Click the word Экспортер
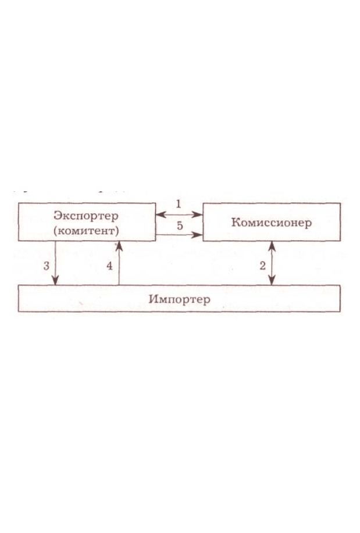coord(86,216)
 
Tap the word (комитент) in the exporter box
coord(86,231)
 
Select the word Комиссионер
coord(272,222)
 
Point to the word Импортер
coord(179,299)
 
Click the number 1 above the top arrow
coord(179,204)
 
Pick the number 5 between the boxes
coord(180,225)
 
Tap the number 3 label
coord(47,266)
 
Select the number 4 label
coord(109,266)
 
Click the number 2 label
coord(262,266)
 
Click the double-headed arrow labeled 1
coord(179,214)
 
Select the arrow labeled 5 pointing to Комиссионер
coord(179,235)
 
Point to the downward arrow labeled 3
coord(55,263)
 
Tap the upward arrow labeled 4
coord(119,263)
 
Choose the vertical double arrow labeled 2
coord(272,263)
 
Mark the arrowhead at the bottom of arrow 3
coord(55,280)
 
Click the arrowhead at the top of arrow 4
coord(119,246)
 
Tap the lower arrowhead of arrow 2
coord(272,280)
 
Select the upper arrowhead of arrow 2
coord(272,246)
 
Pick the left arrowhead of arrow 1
coord(161,214)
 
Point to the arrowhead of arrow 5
coord(198,235)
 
